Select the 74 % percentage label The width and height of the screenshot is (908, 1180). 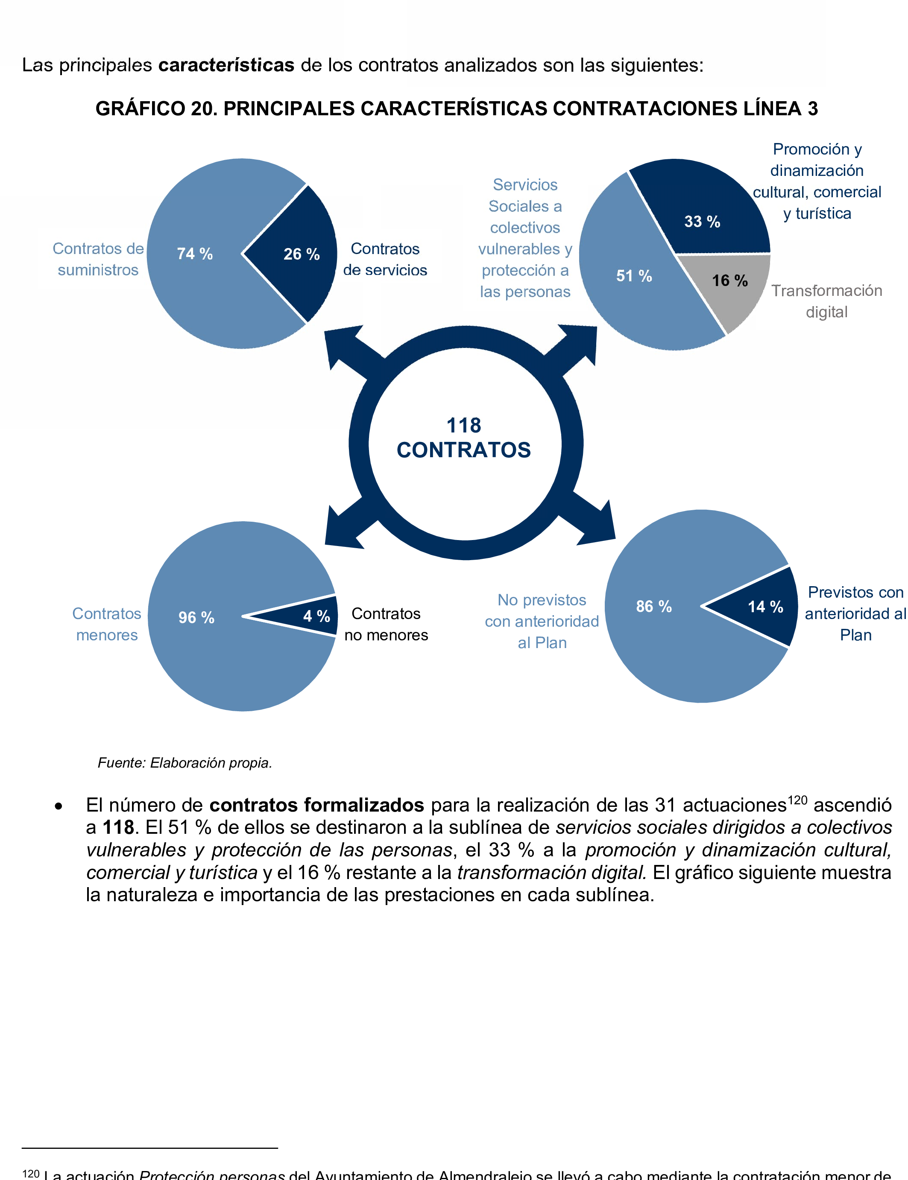coord(195,254)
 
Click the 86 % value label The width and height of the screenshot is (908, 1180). coord(653,606)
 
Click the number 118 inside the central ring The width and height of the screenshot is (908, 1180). coord(464,425)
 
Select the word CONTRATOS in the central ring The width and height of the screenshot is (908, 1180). coord(464,450)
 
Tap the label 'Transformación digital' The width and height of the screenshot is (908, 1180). coord(826,301)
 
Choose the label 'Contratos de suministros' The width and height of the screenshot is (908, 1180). coord(98,259)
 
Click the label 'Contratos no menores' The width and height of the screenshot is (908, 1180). coord(386,624)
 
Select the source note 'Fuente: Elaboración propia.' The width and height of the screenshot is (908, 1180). coord(185,763)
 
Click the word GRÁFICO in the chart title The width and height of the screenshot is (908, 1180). coord(141,108)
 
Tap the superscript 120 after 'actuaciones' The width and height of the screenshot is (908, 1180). coord(797,800)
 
